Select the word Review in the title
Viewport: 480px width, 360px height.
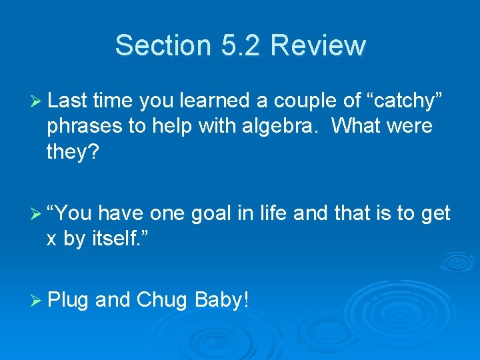tap(319, 45)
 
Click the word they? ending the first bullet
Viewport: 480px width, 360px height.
tap(72, 152)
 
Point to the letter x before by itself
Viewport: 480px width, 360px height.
tap(51, 239)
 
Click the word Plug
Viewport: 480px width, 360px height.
tap(68, 300)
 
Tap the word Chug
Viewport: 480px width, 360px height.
tap(163, 300)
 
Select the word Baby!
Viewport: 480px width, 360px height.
tap(222, 300)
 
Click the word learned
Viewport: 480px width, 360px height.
tap(221, 101)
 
